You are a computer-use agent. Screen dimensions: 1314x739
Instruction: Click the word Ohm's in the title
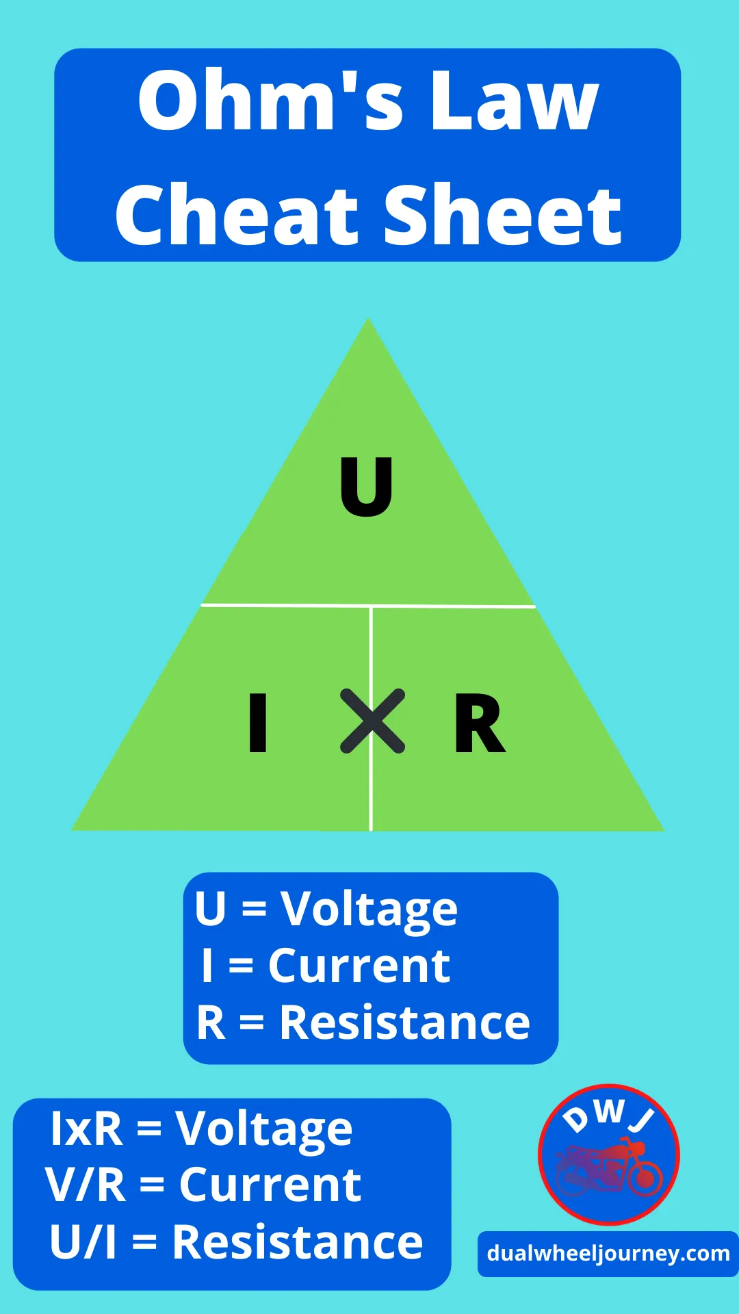click(x=236, y=101)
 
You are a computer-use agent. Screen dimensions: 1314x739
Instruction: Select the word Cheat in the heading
click(x=237, y=215)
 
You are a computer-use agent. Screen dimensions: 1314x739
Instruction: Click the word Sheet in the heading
click(x=502, y=215)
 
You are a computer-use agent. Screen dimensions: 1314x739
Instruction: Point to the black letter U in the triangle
click(x=367, y=486)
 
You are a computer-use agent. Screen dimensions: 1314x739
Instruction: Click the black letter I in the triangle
click(x=258, y=723)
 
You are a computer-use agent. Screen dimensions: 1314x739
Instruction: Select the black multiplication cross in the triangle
click(x=373, y=721)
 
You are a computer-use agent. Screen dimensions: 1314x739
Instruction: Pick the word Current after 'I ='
click(x=359, y=966)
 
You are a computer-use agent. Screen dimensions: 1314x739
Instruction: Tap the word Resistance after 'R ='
click(x=405, y=1023)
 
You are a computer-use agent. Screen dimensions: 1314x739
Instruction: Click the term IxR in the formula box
click(x=87, y=1129)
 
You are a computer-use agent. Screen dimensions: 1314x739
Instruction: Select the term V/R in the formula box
click(x=86, y=1185)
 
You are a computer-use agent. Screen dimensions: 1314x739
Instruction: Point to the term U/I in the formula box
click(x=83, y=1242)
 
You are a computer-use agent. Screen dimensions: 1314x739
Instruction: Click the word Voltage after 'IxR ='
click(x=264, y=1129)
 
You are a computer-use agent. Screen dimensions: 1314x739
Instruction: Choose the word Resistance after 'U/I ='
click(x=298, y=1242)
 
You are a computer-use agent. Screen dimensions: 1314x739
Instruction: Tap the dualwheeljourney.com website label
click(x=608, y=1254)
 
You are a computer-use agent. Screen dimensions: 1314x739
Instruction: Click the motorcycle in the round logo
click(x=609, y=1168)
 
